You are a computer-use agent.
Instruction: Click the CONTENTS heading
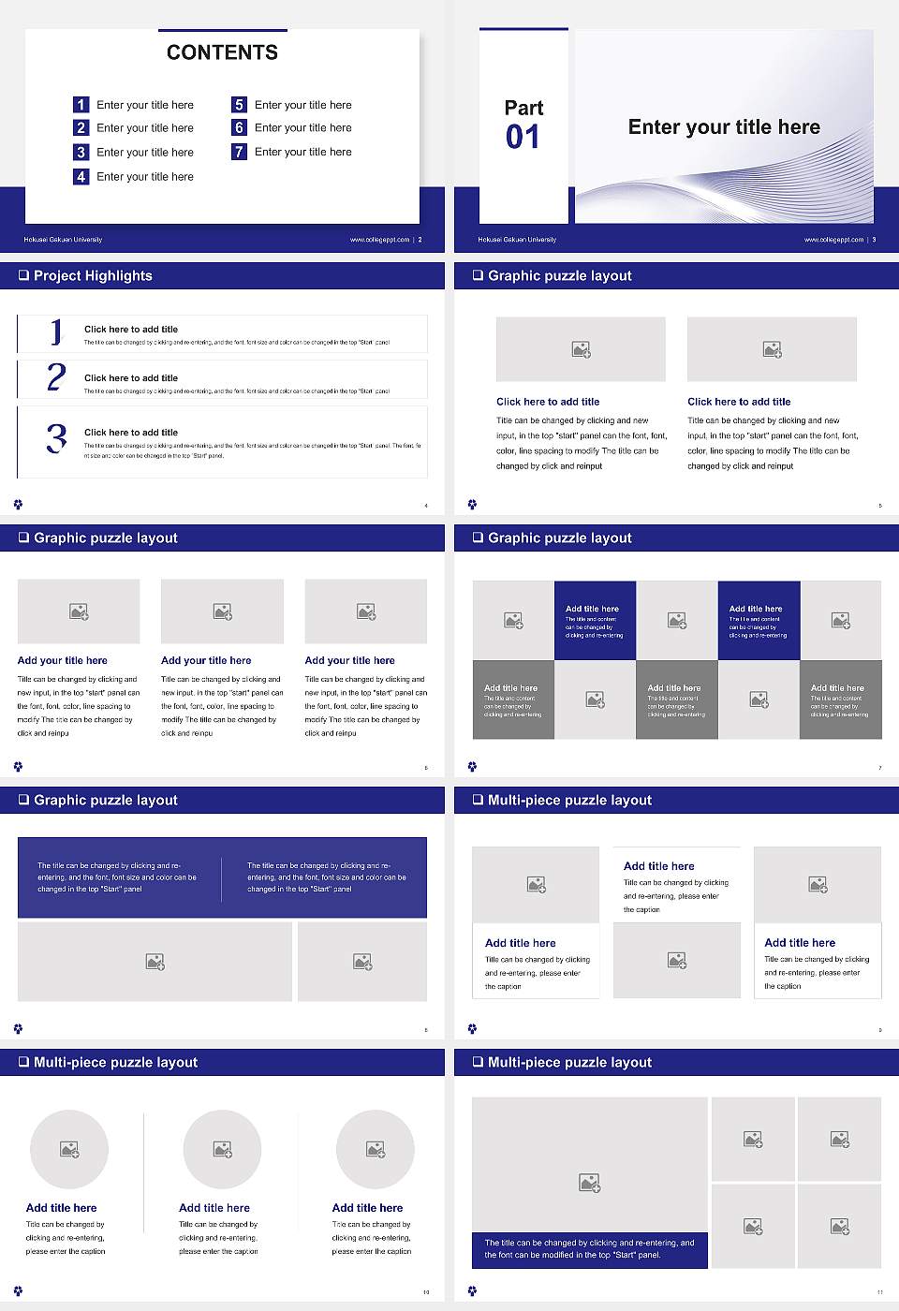222,52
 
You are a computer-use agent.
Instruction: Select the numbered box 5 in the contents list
239,105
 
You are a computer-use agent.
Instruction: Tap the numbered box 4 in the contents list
81,176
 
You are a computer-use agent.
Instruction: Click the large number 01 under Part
523,138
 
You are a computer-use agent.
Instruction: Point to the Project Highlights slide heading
93,275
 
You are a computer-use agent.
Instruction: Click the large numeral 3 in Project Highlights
56,438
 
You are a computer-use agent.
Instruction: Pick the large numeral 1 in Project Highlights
56,331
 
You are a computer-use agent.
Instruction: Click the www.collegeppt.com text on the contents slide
379,240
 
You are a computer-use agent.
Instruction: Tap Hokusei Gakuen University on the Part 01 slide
517,240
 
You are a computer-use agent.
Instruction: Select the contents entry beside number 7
302,152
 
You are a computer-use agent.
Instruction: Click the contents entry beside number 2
145,128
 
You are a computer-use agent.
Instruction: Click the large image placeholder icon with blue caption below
589,1184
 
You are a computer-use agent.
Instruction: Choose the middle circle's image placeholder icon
222,1149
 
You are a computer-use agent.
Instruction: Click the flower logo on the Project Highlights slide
18,505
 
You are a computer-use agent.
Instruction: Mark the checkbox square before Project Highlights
23,275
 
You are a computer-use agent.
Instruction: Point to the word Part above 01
523,108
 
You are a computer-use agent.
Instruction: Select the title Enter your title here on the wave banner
724,127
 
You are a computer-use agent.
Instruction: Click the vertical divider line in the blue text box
222,878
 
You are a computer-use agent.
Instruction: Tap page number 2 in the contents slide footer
420,240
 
